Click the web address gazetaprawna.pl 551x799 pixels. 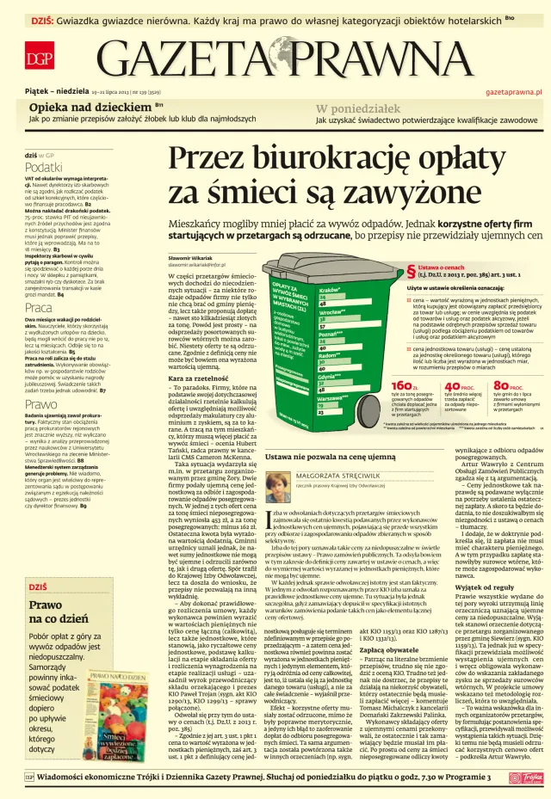coord(513,90)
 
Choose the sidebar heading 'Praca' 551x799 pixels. coord(38,307)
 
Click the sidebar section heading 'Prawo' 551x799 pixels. coord(40,404)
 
